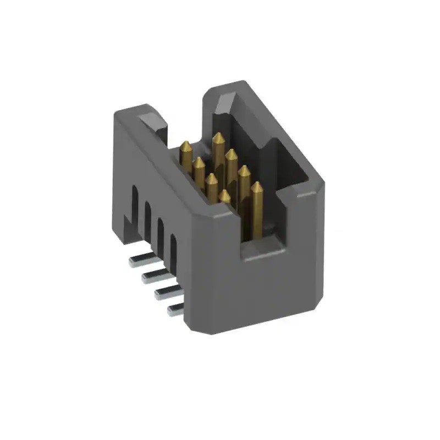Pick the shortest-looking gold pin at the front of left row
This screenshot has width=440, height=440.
point(225,196)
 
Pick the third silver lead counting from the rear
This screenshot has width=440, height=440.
point(163,292)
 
